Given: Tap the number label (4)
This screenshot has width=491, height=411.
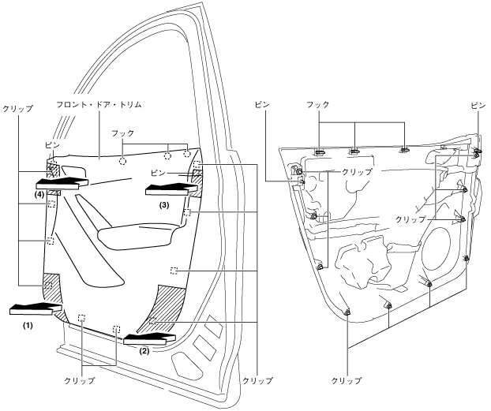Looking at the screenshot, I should coord(39,194).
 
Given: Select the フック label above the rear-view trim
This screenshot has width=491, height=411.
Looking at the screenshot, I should coord(317,104).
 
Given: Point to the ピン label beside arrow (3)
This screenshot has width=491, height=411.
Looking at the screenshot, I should coord(157,172).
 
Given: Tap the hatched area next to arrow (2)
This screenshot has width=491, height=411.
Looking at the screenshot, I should coord(167,305).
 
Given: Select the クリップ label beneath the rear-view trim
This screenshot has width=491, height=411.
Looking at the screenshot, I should coord(347,380).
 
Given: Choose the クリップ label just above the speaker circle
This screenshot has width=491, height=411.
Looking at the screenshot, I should coord(410,219).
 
